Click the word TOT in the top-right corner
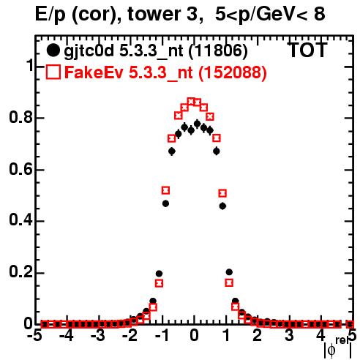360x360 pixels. pyautogui.click(x=307, y=50)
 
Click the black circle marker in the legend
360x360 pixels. pyautogui.click(x=53, y=50)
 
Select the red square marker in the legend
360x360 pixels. pyautogui.click(x=53, y=72)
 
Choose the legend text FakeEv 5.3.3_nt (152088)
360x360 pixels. pyautogui.click(x=166, y=72)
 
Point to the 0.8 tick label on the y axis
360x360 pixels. pyautogui.click(x=21, y=117)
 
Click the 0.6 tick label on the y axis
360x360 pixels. pyautogui.click(x=21, y=169)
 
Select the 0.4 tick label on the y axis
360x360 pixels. pyautogui.click(x=21, y=221)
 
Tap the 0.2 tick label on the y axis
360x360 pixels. pyautogui.click(x=21, y=273)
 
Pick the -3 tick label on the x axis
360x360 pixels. pyautogui.click(x=98, y=336)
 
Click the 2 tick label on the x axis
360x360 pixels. pyautogui.click(x=258, y=336)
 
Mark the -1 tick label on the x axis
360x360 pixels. pyautogui.click(x=162, y=336)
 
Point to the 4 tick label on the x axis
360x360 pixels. pyautogui.click(x=321, y=336)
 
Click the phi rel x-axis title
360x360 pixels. pyautogui.click(x=337, y=348)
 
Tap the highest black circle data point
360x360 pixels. pyautogui.click(x=198, y=124)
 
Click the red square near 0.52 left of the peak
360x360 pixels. pyautogui.click(x=165, y=190)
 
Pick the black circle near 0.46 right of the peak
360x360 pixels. pyautogui.click(x=222, y=206)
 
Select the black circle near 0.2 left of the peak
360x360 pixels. pyautogui.click(x=159, y=274)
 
